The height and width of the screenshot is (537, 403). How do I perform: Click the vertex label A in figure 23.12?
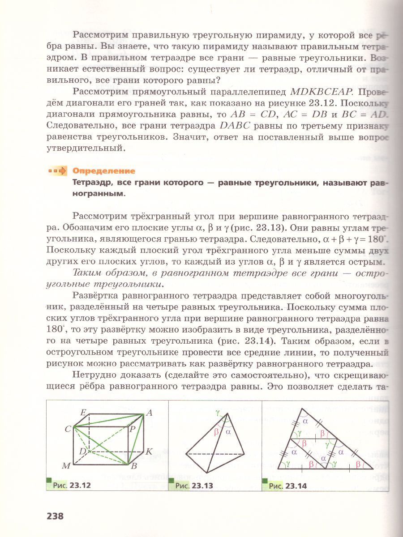[x=149, y=413]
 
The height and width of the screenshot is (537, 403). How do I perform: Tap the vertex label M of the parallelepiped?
[x=66, y=466]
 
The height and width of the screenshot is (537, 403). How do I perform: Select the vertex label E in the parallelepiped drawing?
[x=83, y=413]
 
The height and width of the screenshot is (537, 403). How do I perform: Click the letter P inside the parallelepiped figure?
[x=133, y=429]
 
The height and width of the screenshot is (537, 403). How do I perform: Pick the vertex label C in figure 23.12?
[x=68, y=429]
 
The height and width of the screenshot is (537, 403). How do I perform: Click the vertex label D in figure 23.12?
[x=82, y=451]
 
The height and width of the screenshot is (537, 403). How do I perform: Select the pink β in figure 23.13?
[x=217, y=432]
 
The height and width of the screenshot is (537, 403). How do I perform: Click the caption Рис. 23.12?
[x=72, y=485]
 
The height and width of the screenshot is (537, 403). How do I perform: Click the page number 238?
[x=55, y=516]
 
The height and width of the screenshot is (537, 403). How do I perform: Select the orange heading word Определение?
[x=104, y=171]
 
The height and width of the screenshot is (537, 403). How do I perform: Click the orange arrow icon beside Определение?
[x=59, y=171]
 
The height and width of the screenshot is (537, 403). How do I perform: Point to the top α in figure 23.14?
[x=305, y=421]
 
